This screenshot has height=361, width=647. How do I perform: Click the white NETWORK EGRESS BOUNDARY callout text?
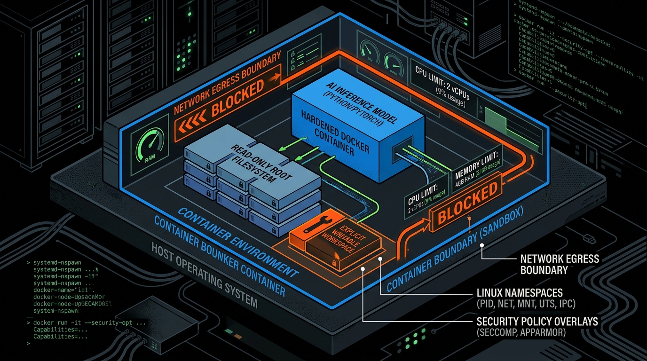pyautogui.click(x=560, y=264)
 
